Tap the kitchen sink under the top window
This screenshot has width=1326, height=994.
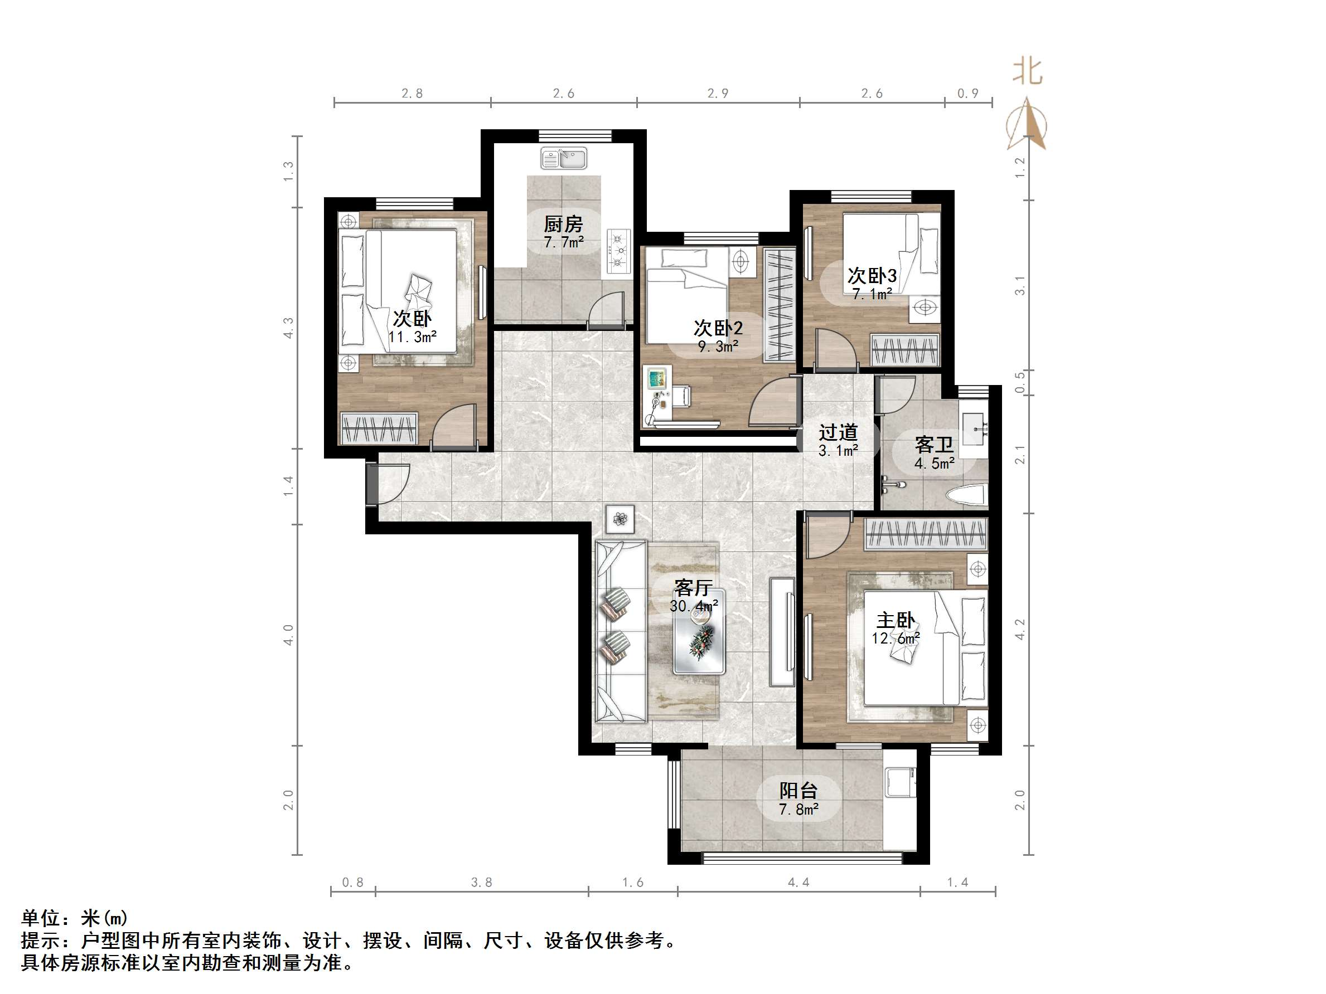(564, 159)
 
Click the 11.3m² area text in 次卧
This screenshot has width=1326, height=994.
(413, 337)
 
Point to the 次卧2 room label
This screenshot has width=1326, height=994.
(718, 328)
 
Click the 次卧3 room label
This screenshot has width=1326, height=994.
(872, 276)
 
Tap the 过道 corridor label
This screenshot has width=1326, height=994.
(838, 432)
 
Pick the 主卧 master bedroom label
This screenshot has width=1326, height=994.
(896, 620)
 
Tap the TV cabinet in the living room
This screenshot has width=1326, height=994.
(782, 631)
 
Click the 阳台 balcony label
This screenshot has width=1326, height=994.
(798, 791)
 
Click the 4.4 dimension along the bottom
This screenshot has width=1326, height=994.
(798, 883)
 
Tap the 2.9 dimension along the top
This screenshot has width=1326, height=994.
(718, 94)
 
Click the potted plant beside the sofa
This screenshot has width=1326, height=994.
(620, 518)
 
